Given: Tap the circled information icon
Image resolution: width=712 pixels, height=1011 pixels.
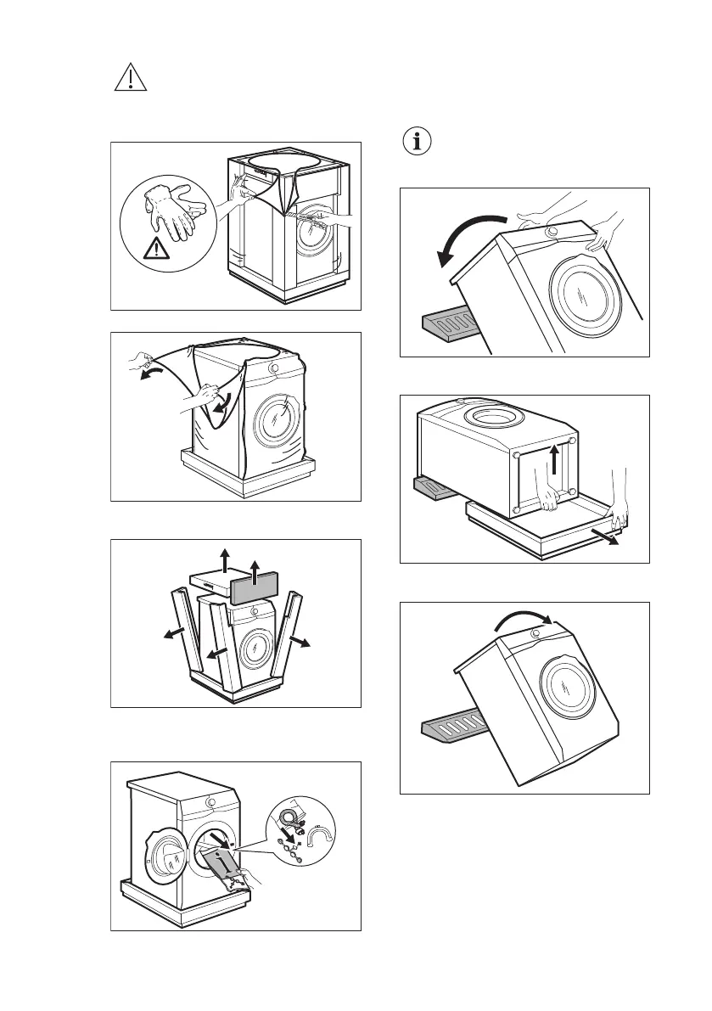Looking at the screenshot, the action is pyautogui.click(x=415, y=142).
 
